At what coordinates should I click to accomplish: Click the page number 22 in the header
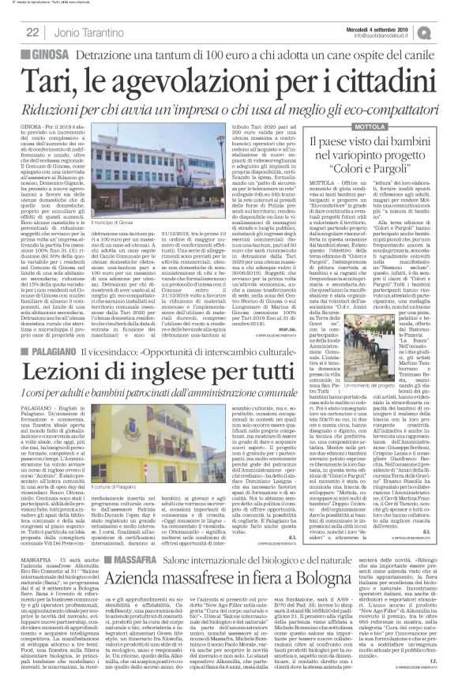coord(32,32)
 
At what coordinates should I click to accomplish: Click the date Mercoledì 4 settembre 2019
coord(390,28)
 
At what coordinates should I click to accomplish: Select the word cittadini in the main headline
coord(373,80)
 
